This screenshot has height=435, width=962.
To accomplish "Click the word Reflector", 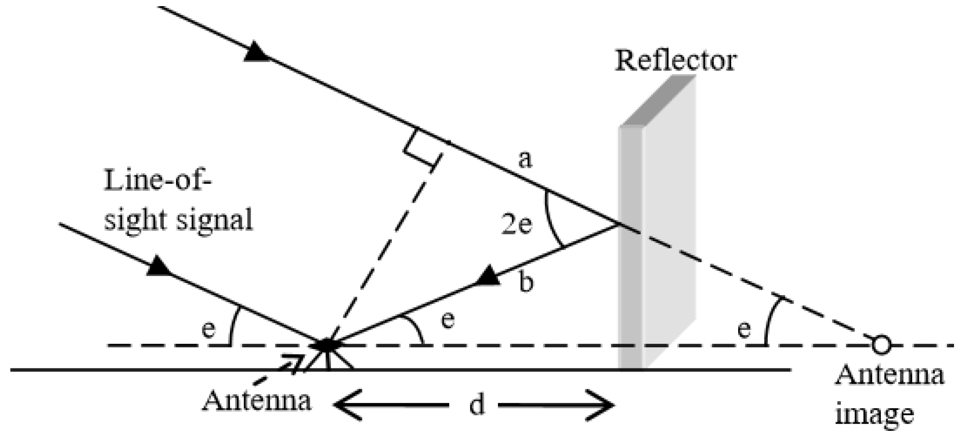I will [x=676, y=61].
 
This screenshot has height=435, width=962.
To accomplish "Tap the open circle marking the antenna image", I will [x=881, y=345].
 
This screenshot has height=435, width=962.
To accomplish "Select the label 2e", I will [x=516, y=226].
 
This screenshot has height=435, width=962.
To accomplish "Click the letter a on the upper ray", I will [x=525, y=160].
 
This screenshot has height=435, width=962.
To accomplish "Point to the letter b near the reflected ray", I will [x=527, y=283].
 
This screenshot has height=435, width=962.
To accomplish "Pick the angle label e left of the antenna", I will [x=208, y=330].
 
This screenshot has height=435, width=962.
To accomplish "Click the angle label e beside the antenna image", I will [x=743, y=330].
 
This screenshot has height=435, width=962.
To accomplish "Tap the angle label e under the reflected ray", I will [x=448, y=321].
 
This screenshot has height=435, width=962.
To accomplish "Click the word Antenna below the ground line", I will [x=257, y=401].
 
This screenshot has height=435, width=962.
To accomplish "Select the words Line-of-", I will [x=158, y=181].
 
